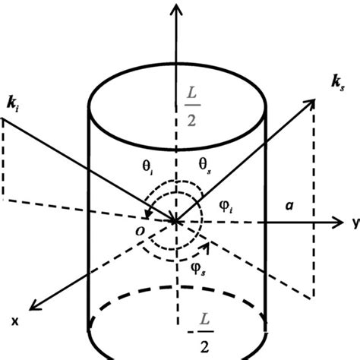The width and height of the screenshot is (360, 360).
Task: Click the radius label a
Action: (289, 205)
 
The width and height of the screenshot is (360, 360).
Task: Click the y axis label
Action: (354, 223)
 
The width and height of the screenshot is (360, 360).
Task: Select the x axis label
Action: (14, 322)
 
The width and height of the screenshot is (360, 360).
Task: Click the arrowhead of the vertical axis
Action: (178, 8)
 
